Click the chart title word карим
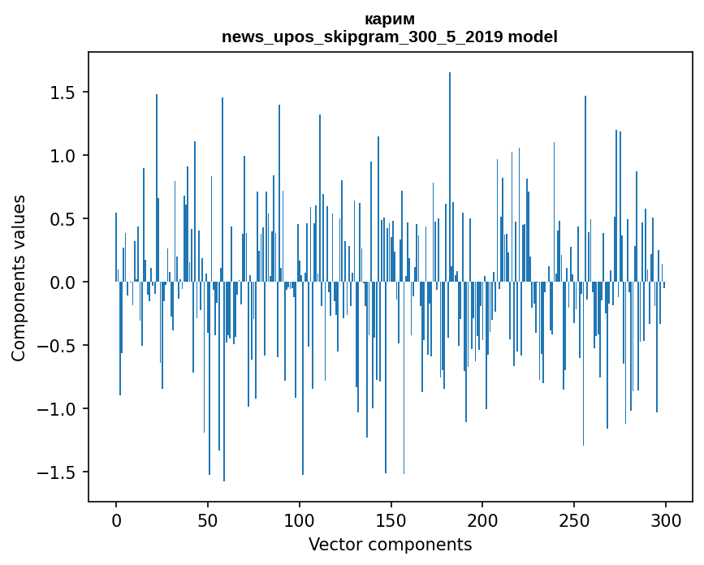pyautogui.click(x=390, y=19)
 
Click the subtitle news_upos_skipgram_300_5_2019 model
pyautogui.click(x=390, y=37)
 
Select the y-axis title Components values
pyautogui.click(x=19, y=278)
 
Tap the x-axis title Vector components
pyautogui.click(x=390, y=544)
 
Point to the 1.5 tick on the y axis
pyautogui.click(x=64, y=93)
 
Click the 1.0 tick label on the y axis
pyautogui.click(x=64, y=156)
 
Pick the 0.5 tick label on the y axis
pyautogui.click(x=64, y=219)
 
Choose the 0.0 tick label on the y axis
pyautogui.click(x=64, y=282)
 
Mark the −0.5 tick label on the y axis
pyautogui.click(x=58, y=346)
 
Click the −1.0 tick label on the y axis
pyautogui.click(x=58, y=409)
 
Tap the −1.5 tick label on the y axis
pyautogui.click(x=58, y=472)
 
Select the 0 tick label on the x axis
pyautogui.click(x=116, y=520)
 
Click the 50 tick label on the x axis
pyautogui.click(x=208, y=520)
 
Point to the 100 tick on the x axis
pyautogui.click(x=300, y=520)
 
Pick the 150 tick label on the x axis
pyautogui.click(x=391, y=520)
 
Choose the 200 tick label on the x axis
pyautogui.click(x=483, y=520)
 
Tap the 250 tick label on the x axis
pyautogui.click(x=574, y=520)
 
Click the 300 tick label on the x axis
pyautogui.click(x=666, y=520)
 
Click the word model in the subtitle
pyautogui.click(x=536, y=37)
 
